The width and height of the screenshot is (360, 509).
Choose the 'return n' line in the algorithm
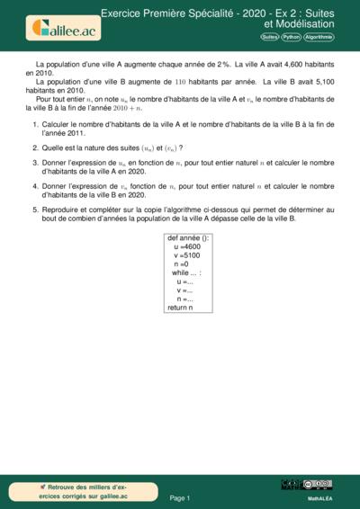180,308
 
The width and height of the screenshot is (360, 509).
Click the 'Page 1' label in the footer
180,497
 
